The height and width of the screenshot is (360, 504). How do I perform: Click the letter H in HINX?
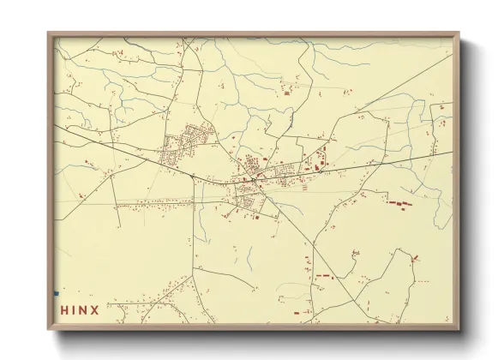pos(63,310)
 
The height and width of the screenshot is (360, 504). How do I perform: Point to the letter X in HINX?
pos(94,310)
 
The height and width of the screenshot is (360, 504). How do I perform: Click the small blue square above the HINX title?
pos(57,294)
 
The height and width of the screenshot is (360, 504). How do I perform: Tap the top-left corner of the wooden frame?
pos(49,34)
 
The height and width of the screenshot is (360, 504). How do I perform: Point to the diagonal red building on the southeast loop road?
pos(415,258)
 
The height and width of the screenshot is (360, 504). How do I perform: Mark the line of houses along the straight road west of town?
pos(154,204)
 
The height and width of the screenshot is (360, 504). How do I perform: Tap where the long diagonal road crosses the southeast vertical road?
pos(312,249)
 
